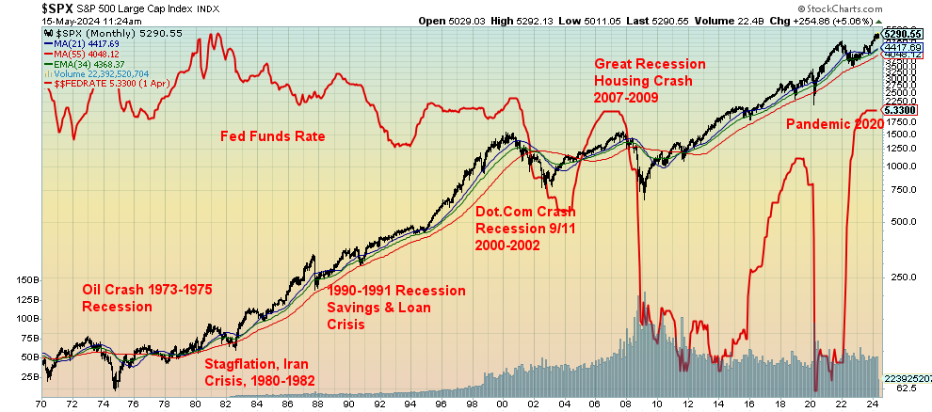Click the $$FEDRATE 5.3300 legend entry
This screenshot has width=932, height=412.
104,84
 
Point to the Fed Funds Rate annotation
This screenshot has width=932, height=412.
272,137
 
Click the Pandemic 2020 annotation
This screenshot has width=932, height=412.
834,123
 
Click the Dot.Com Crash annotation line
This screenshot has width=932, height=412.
523,212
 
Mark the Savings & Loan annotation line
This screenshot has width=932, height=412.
378,308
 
